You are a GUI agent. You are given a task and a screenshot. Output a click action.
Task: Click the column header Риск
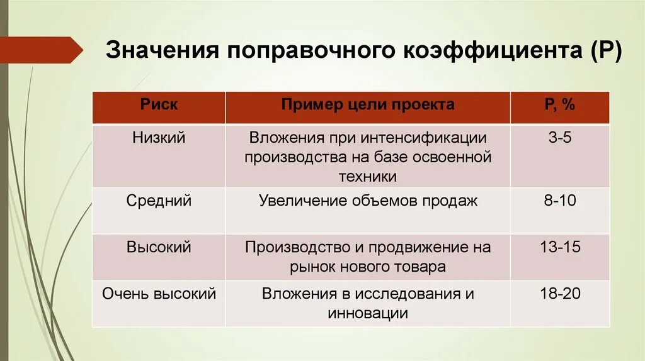point(159,104)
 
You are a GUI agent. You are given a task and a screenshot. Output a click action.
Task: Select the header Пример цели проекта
point(368,104)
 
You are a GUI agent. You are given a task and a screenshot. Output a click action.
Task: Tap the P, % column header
point(559,104)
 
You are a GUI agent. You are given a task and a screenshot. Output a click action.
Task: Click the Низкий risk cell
point(159,138)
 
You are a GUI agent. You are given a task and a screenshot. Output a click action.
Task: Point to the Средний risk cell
point(159,201)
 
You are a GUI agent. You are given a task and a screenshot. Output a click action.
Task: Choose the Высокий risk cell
point(159,247)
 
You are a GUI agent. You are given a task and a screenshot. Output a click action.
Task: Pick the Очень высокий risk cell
point(159,294)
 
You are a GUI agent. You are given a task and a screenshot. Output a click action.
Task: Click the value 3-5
point(559,138)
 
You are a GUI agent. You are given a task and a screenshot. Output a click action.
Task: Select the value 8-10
point(559,201)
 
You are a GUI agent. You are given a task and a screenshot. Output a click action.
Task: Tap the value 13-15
point(559,247)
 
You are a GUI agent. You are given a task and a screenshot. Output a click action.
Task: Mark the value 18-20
point(559,294)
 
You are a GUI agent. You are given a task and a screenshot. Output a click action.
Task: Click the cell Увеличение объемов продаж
point(368,201)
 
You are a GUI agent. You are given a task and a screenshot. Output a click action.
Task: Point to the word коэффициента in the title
point(486,50)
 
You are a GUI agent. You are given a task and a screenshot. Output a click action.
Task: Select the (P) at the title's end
point(604,50)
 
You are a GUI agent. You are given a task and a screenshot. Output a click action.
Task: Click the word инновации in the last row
point(368,313)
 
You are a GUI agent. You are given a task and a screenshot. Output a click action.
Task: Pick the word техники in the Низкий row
point(368,176)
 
